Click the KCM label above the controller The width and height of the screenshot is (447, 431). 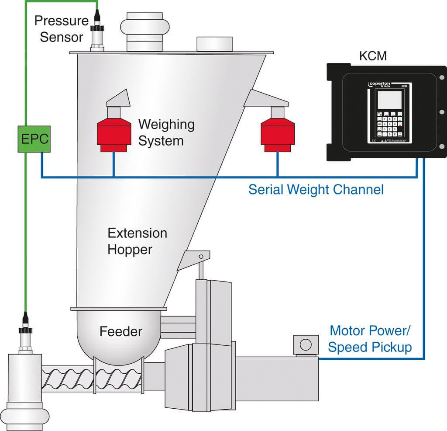click(373, 56)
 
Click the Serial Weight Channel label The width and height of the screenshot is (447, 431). click(316, 190)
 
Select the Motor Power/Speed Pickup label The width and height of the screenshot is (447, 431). click(370, 339)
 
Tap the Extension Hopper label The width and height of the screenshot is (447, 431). click(137, 241)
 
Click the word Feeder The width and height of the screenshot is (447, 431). click(121, 331)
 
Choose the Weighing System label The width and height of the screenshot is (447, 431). click(166, 132)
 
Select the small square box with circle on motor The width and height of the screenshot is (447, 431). click(306, 344)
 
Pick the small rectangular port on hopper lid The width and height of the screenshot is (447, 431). click(213, 44)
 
